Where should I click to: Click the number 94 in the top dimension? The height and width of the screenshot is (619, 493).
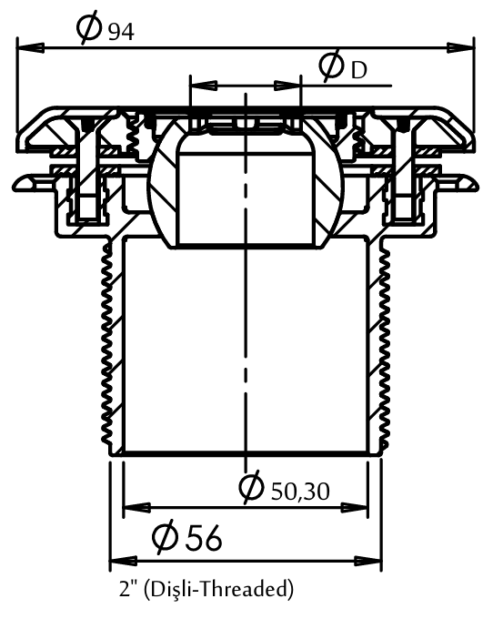121,32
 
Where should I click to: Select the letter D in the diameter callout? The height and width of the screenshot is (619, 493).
358,71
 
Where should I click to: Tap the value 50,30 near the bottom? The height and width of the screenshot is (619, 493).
300,492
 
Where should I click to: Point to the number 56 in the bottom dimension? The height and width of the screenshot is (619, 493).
204,538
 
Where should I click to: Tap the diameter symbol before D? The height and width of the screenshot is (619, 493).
331,66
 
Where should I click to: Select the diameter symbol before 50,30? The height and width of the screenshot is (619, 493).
251,487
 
